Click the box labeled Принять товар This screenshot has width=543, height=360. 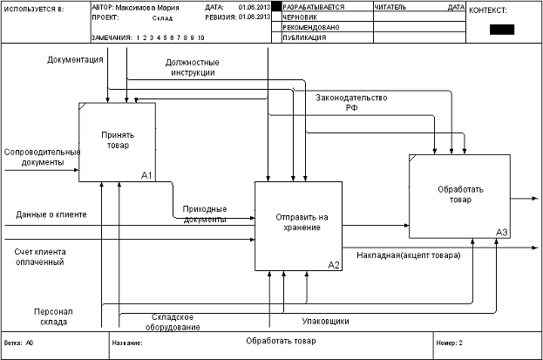[117, 141]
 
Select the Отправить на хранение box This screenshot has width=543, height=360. [297, 226]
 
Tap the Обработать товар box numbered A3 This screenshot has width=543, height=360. [458, 195]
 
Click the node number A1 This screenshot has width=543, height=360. [146, 176]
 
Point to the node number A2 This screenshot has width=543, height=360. [333, 264]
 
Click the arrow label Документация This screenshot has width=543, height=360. [76, 59]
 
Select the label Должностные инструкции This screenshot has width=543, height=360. [192, 68]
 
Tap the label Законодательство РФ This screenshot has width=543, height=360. [351, 103]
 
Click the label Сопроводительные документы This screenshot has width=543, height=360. [41, 157]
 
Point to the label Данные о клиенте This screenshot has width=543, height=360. [51, 214]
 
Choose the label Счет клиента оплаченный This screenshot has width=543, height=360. [40, 256]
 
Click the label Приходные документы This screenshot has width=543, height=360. [205, 214]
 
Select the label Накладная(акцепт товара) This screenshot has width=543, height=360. [409, 255]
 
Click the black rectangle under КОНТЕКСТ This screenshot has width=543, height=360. [502, 29]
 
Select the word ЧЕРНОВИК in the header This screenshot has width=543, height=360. [300, 17]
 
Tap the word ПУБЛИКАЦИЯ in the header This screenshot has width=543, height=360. [304, 37]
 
